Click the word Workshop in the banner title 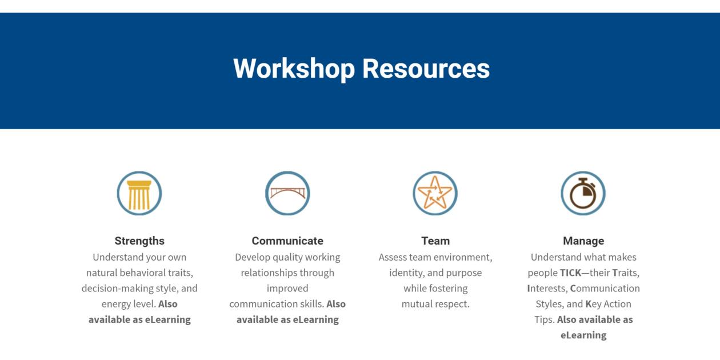point(294,69)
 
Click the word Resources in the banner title point(426,69)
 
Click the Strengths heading point(139,241)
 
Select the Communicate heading point(287,241)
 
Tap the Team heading point(435,241)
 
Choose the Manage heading point(583,241)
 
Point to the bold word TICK point(570,273)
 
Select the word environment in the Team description point(461,258)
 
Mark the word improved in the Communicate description point(287,289)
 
